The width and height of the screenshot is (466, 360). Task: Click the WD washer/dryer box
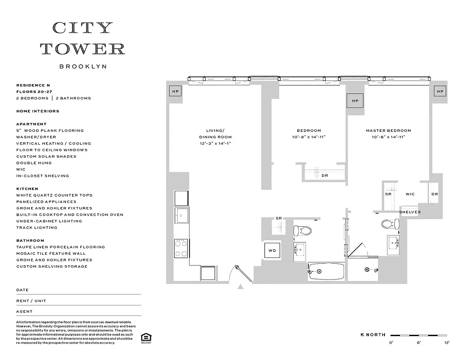pyautogui.click(x=272, y=250)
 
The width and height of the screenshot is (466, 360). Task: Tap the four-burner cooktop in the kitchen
pyautogui.click(x=181, y=247)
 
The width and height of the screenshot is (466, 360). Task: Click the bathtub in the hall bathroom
pyautogui.click(x=326, y=272)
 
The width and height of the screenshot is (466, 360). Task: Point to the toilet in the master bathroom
pyautogui.click(x=390, y=224)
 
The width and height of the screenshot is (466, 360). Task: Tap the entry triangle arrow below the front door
pyautogui.click(x=240, y=286)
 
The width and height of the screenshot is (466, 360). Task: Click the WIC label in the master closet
pyautogui.click(x=410, y=194)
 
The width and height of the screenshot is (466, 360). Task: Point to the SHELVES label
pyautogui.click(x=410, y=212)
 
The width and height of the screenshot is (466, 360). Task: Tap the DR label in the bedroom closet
pyautogui.click(x=325, y=175)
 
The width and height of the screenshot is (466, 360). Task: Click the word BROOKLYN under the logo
pyautogui.click(x=83, y=66)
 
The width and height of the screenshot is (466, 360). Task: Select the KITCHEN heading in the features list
pyautogui.click(x=27, y=189)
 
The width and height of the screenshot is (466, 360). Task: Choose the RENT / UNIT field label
pyautogui.click(x=31, y=301)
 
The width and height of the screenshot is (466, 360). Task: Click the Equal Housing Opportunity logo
pyautogui.click(x=145, y=337)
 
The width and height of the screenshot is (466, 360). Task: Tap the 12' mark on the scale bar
pyautogui.click(x=447, y=342)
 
